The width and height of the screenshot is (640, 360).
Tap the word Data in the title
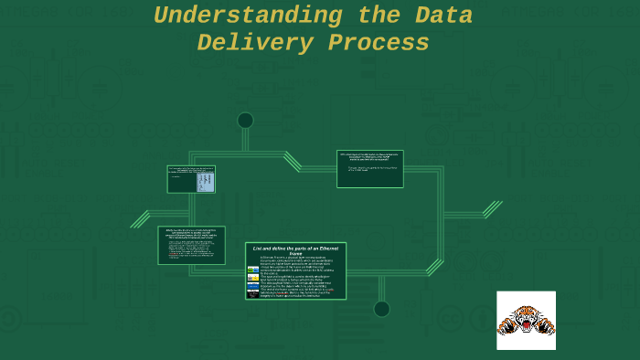click(443, 16)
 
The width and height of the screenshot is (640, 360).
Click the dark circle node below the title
click(245, 120)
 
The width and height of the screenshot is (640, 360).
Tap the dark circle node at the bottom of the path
click(381, 309)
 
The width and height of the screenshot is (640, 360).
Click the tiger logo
click(526, 320)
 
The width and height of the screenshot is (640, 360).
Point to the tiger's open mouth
click(526, 322)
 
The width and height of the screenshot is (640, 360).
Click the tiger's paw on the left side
click(504, 325)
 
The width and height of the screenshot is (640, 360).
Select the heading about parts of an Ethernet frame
click(295, 250)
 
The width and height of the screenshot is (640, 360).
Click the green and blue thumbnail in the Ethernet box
click(253, 269)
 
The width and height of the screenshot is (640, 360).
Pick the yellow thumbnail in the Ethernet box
click(253, 277)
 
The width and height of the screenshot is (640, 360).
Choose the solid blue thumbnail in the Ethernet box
click(253, 285)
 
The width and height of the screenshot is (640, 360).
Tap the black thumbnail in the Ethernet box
click(253, 293)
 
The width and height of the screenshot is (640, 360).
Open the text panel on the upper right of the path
click(369, 168)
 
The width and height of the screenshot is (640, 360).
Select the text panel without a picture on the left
click(191, 245)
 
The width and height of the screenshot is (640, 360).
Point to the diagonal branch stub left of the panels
click(140, 218)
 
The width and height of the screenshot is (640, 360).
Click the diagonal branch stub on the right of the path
click(492, 209)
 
